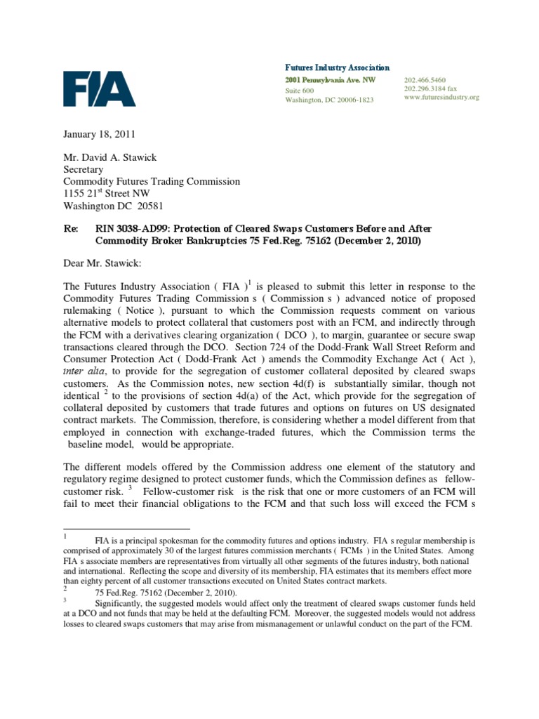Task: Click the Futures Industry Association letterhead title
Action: (337, 67)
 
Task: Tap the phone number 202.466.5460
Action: (425, 81)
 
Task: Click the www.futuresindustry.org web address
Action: (441, 98)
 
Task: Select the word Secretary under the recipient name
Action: (84, 169)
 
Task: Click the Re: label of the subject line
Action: (71, 229)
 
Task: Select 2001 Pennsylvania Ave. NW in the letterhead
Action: (330, 81)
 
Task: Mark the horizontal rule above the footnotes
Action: (126, 528)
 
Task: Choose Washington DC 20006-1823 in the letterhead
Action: (329, 100)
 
